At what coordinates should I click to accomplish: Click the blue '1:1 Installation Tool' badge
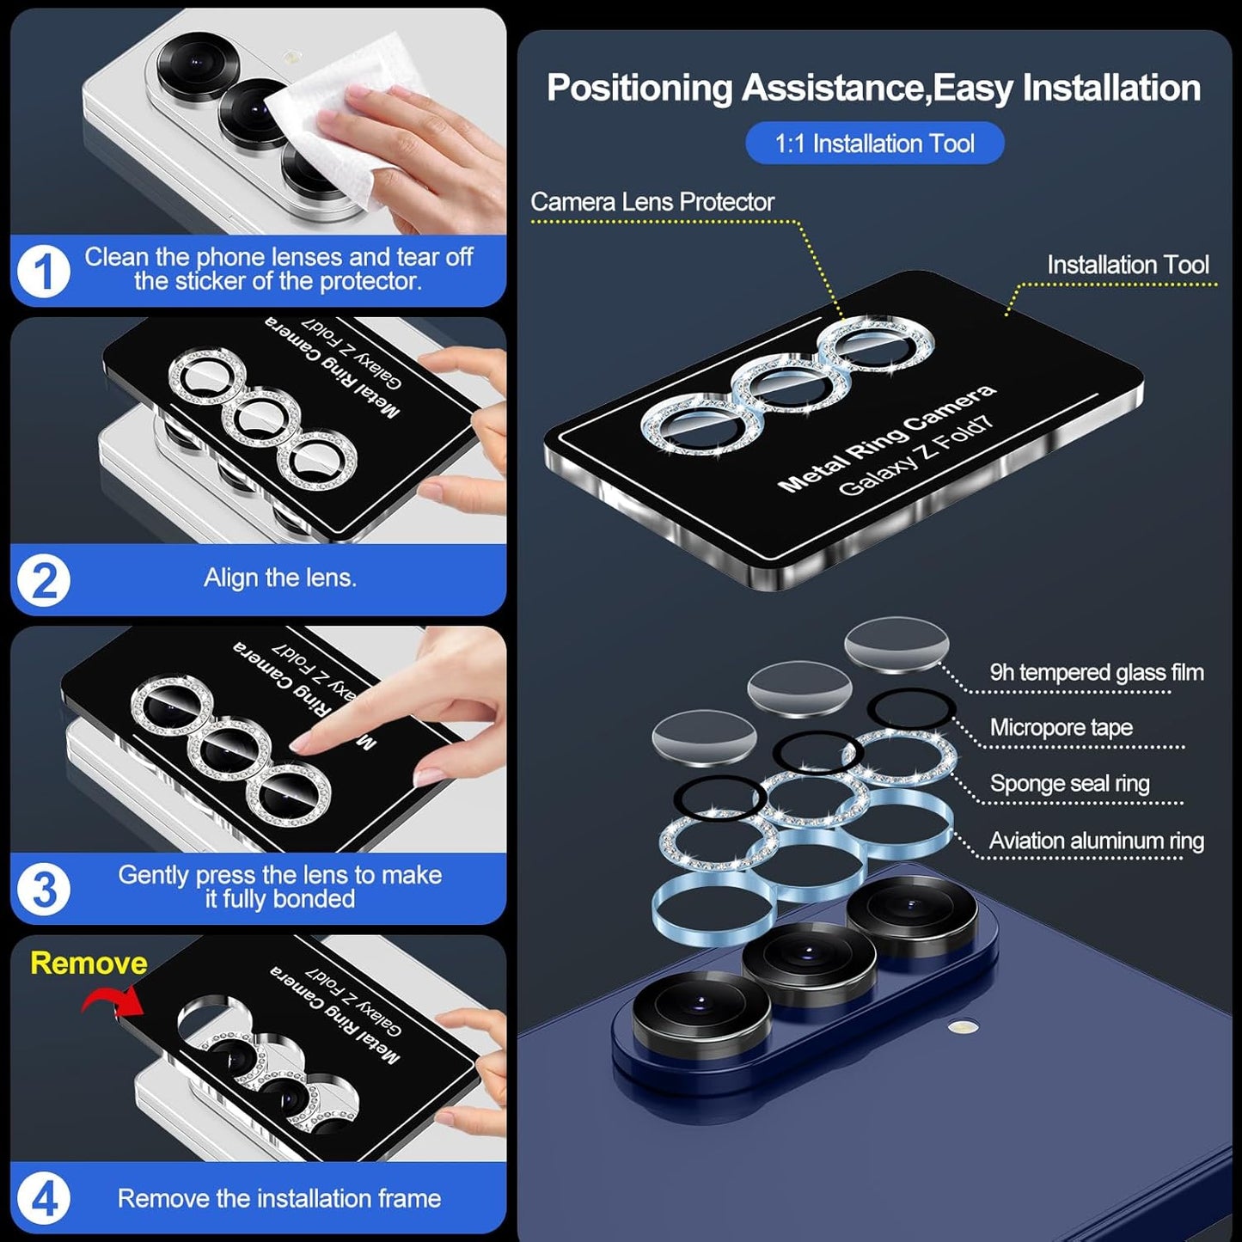pos(874,144)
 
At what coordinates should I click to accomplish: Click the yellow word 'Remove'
pos(89,964)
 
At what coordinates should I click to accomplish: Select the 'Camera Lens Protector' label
pos(652,202)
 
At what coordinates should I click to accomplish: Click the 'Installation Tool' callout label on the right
pos(1127,265)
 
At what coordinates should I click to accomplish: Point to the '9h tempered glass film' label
pos(1096,672)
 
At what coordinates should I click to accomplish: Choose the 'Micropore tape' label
pos(1061,727)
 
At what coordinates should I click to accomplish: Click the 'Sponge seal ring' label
pos(1069,783)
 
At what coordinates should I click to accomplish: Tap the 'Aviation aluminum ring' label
pos(1096,841)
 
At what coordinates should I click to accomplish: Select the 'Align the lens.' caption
pos(279,578)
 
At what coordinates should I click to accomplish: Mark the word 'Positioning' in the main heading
pos(639,89)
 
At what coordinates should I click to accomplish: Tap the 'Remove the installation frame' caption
pos(279,1198)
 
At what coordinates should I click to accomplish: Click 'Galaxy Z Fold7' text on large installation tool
pos(915,456)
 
